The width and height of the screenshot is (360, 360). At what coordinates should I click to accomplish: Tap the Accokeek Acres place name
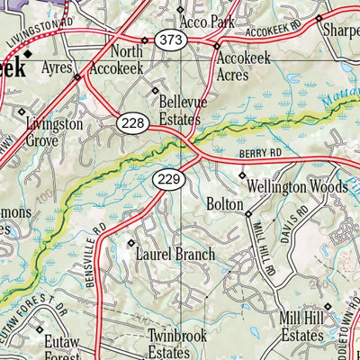244,64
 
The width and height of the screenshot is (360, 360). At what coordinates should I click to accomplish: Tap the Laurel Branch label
175,255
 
